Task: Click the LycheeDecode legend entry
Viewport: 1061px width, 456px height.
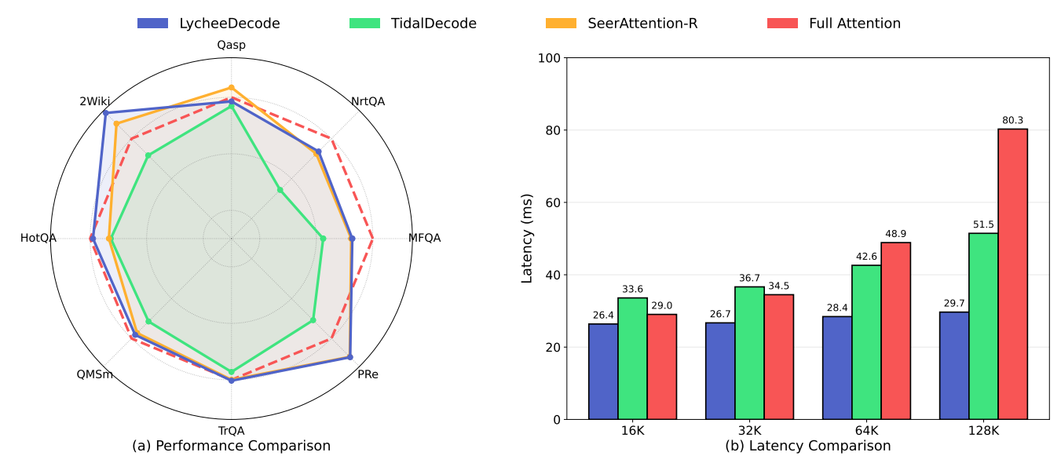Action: [x=208, y=24]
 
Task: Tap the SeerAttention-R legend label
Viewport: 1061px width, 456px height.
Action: [x=621, y=24]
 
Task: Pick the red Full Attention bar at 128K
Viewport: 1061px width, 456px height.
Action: [x=1012, y=274]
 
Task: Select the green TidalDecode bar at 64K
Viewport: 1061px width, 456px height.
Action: [x=866, y=342]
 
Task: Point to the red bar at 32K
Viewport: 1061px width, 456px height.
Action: [x=779, y=356]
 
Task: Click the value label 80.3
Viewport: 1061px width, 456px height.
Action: [x=1012, y=120]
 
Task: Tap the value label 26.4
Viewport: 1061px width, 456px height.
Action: [x=603, y=316]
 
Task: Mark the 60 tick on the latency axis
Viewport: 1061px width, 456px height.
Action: [x=550, y=202]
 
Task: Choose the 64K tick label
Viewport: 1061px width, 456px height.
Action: [x=866, y=431]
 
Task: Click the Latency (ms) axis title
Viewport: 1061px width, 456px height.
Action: [x=527, y=238]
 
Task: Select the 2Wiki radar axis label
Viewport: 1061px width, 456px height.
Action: [x=94, y=101]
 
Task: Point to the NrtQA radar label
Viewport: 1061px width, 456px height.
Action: [x=368, y=101]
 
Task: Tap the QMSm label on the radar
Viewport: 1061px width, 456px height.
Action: [x=94, y=374]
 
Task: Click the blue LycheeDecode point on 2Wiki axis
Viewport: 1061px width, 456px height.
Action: [x=105, y=113]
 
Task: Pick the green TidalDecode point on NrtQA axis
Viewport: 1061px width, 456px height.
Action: [x=280, y=190]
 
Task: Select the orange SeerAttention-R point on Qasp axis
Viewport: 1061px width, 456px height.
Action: [x=231, y=88]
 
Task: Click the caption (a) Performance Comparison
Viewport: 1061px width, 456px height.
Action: [x=231, y=446]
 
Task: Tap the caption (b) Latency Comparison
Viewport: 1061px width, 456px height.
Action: [x=807, y=446]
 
